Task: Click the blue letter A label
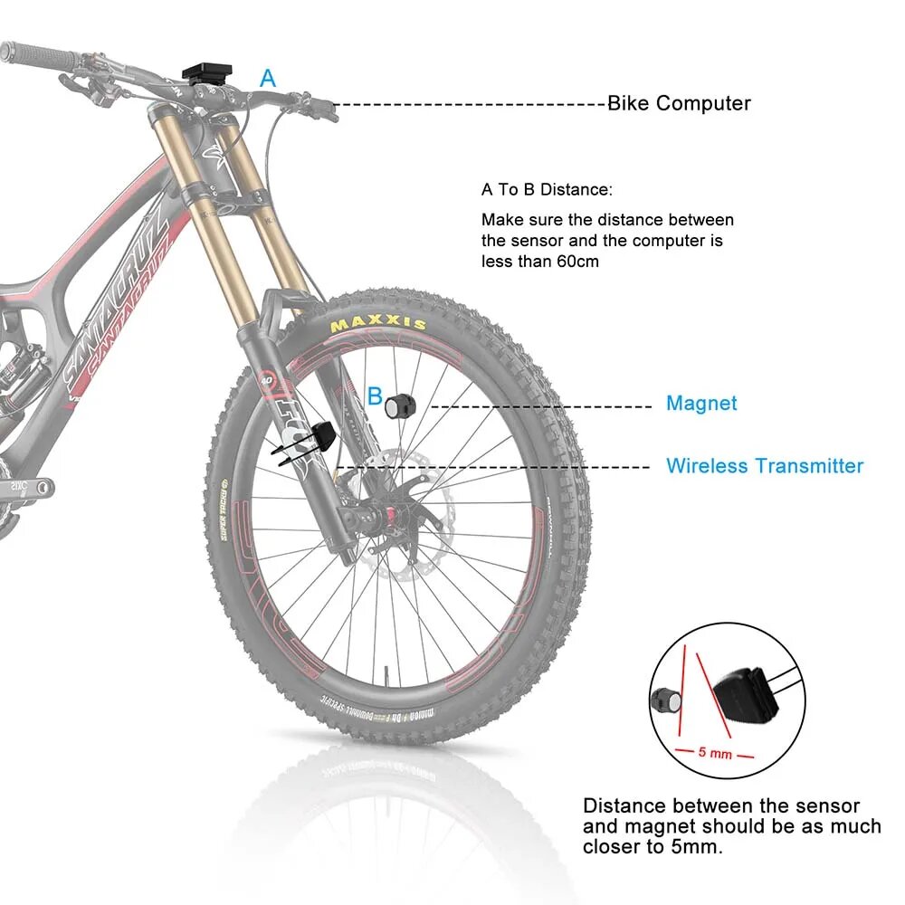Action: point(268,79)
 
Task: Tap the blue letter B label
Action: point(375,395)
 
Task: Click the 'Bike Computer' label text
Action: point(679,103)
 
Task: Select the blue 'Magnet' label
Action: point(701,404)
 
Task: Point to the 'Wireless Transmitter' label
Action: point(765,466)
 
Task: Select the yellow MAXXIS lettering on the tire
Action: point(378,323)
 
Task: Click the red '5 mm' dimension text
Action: point(715,753)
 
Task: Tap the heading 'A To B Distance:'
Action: point(547,190)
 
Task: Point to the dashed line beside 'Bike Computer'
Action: point(471,104)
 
